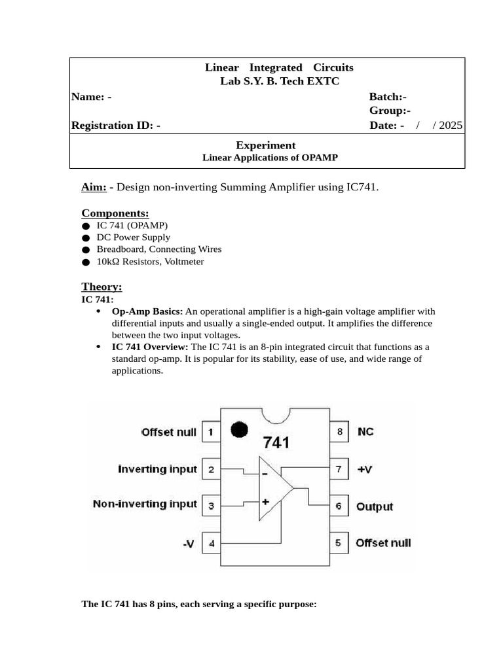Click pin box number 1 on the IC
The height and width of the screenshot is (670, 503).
click(x=211, y=432)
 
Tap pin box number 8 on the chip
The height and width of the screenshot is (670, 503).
click(x=339, y=432)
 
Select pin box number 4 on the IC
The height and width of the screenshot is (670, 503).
click(x=211, y=543)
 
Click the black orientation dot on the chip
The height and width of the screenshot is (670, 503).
click(x=240, y=429)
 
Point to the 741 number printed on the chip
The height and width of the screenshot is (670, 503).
click(x=276, y=443)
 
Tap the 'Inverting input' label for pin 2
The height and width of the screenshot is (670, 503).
click(x=157, y=469)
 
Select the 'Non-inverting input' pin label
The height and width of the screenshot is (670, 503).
click(x=145, y=504)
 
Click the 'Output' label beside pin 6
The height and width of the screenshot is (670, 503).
click(x=375, y=506)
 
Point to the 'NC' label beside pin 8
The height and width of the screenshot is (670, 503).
click(x=365, y=432)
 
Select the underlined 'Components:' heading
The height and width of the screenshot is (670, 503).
click(x=115, y=213)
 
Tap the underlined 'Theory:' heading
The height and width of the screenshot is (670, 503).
click(x=102, y=287)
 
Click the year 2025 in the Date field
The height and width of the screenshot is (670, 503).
click(x=451, y=126)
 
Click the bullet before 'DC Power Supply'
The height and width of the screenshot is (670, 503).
click(x=86, y=238)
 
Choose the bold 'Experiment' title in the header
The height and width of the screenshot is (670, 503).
click(x=265, y=145)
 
